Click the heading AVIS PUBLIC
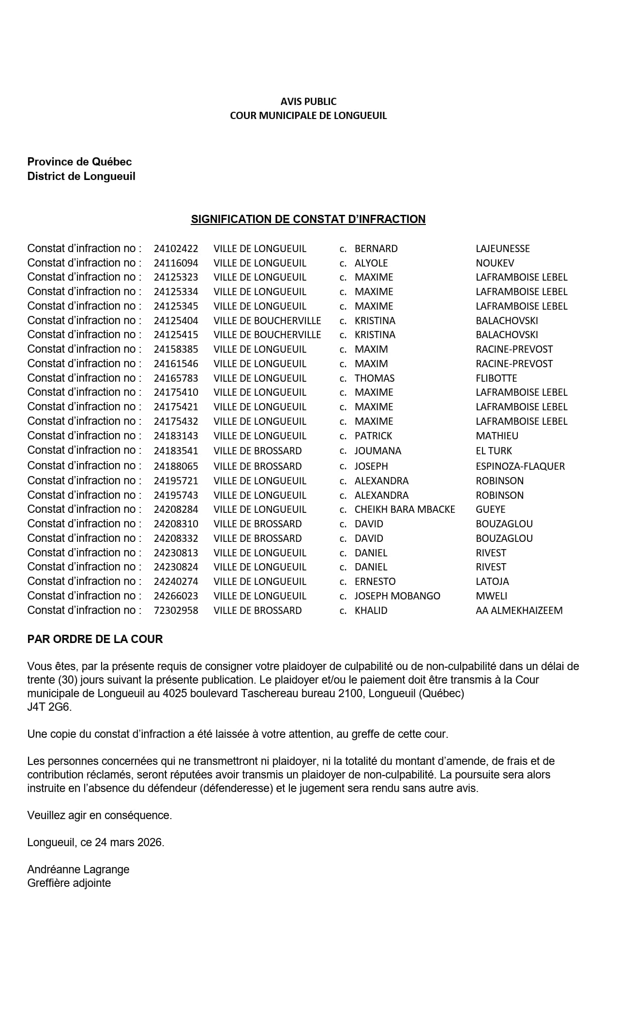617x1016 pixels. (x=308, y=102)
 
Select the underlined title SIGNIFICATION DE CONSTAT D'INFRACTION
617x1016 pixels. (x=308, y=219)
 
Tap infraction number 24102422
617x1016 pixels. (x=176, y=249)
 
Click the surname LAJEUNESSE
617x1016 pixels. (x=502, y=249)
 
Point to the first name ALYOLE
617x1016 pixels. (x=371, y=263)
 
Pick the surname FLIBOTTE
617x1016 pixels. (x=496, y=378)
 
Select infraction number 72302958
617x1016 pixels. (x=176, y=611)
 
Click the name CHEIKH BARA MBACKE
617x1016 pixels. (x=405, y=509)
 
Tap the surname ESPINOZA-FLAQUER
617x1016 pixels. (x=520, y=466)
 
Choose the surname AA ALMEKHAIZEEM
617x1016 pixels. (x=519, y=611)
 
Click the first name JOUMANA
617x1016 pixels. (x=377, y=451)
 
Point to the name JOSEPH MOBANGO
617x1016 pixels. (x=397, y=596)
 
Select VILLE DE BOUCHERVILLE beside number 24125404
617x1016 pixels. (x=267, y=321)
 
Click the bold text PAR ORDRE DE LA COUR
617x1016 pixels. (x=95, y=639)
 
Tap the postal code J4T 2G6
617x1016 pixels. (x=49, y=707)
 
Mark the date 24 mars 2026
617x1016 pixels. (x=129, y=842)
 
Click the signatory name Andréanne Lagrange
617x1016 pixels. (x=78, y=869)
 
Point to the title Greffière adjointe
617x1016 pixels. (x=69, y=883)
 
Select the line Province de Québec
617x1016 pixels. (x=79, y=162)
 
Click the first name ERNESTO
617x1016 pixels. (x=375, y=582)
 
